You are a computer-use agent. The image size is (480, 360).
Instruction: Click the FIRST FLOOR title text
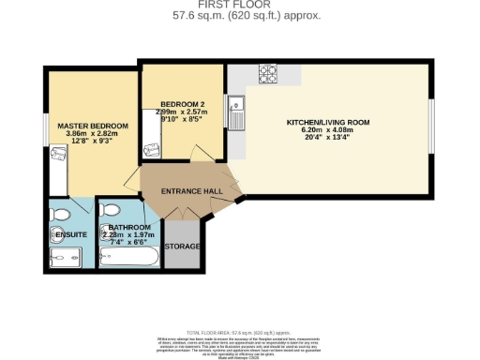[240, 6]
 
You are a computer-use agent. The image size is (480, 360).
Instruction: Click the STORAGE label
[182, 247]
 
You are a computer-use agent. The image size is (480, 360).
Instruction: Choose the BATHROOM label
[129, 228]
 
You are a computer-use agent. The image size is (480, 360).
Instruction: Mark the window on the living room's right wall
[431, 122]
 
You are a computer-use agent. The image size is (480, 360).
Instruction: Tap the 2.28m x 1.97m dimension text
[129, 235]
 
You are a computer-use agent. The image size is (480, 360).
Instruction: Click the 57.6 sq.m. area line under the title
[240, 16]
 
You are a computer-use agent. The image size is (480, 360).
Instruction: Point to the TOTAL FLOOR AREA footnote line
[240, 333]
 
